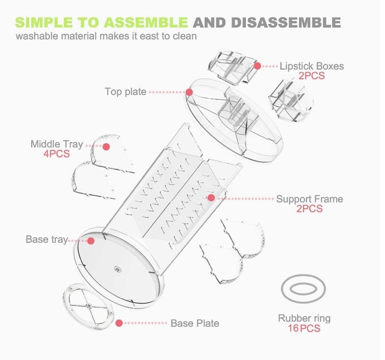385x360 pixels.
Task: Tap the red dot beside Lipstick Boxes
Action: (258, 66)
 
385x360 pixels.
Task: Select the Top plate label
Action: (125, 92)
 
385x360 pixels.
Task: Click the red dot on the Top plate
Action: (189, 93)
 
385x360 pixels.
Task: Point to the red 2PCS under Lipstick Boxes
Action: (311, 76)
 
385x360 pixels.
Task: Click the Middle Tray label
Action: (56, 144)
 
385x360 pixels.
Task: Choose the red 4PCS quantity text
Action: (56, 154)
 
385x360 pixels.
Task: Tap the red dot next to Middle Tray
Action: (106, 147)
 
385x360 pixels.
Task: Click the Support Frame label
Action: (310, 198)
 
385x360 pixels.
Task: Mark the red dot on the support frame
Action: (211, 197)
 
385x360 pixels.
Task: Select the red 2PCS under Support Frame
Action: (309, 209)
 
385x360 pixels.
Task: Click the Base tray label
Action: (46, 239)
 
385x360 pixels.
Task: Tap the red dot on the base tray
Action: (91, 240)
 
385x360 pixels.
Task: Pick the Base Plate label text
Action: (195, 323)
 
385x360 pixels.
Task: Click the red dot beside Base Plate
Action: (119, 323)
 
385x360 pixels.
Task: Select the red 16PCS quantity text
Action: (304, 328)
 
